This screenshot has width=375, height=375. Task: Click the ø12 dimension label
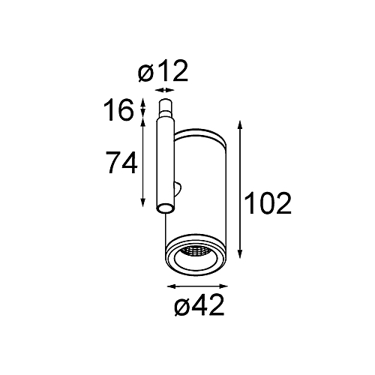coord(163,71)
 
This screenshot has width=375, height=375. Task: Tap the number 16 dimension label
coord(118,109)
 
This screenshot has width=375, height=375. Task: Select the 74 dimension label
coord(121,163)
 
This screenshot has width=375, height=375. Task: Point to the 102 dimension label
coord(268,203)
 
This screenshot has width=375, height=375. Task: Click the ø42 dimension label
coord(199,304)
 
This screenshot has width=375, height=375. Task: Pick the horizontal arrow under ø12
coord(164,90)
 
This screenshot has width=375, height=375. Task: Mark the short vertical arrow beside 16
coord(143,108)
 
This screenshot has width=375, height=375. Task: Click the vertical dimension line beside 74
coord(143,163)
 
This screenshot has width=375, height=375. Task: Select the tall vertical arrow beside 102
coord(240,189)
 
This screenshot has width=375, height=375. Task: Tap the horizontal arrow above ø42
coord(197,286)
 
